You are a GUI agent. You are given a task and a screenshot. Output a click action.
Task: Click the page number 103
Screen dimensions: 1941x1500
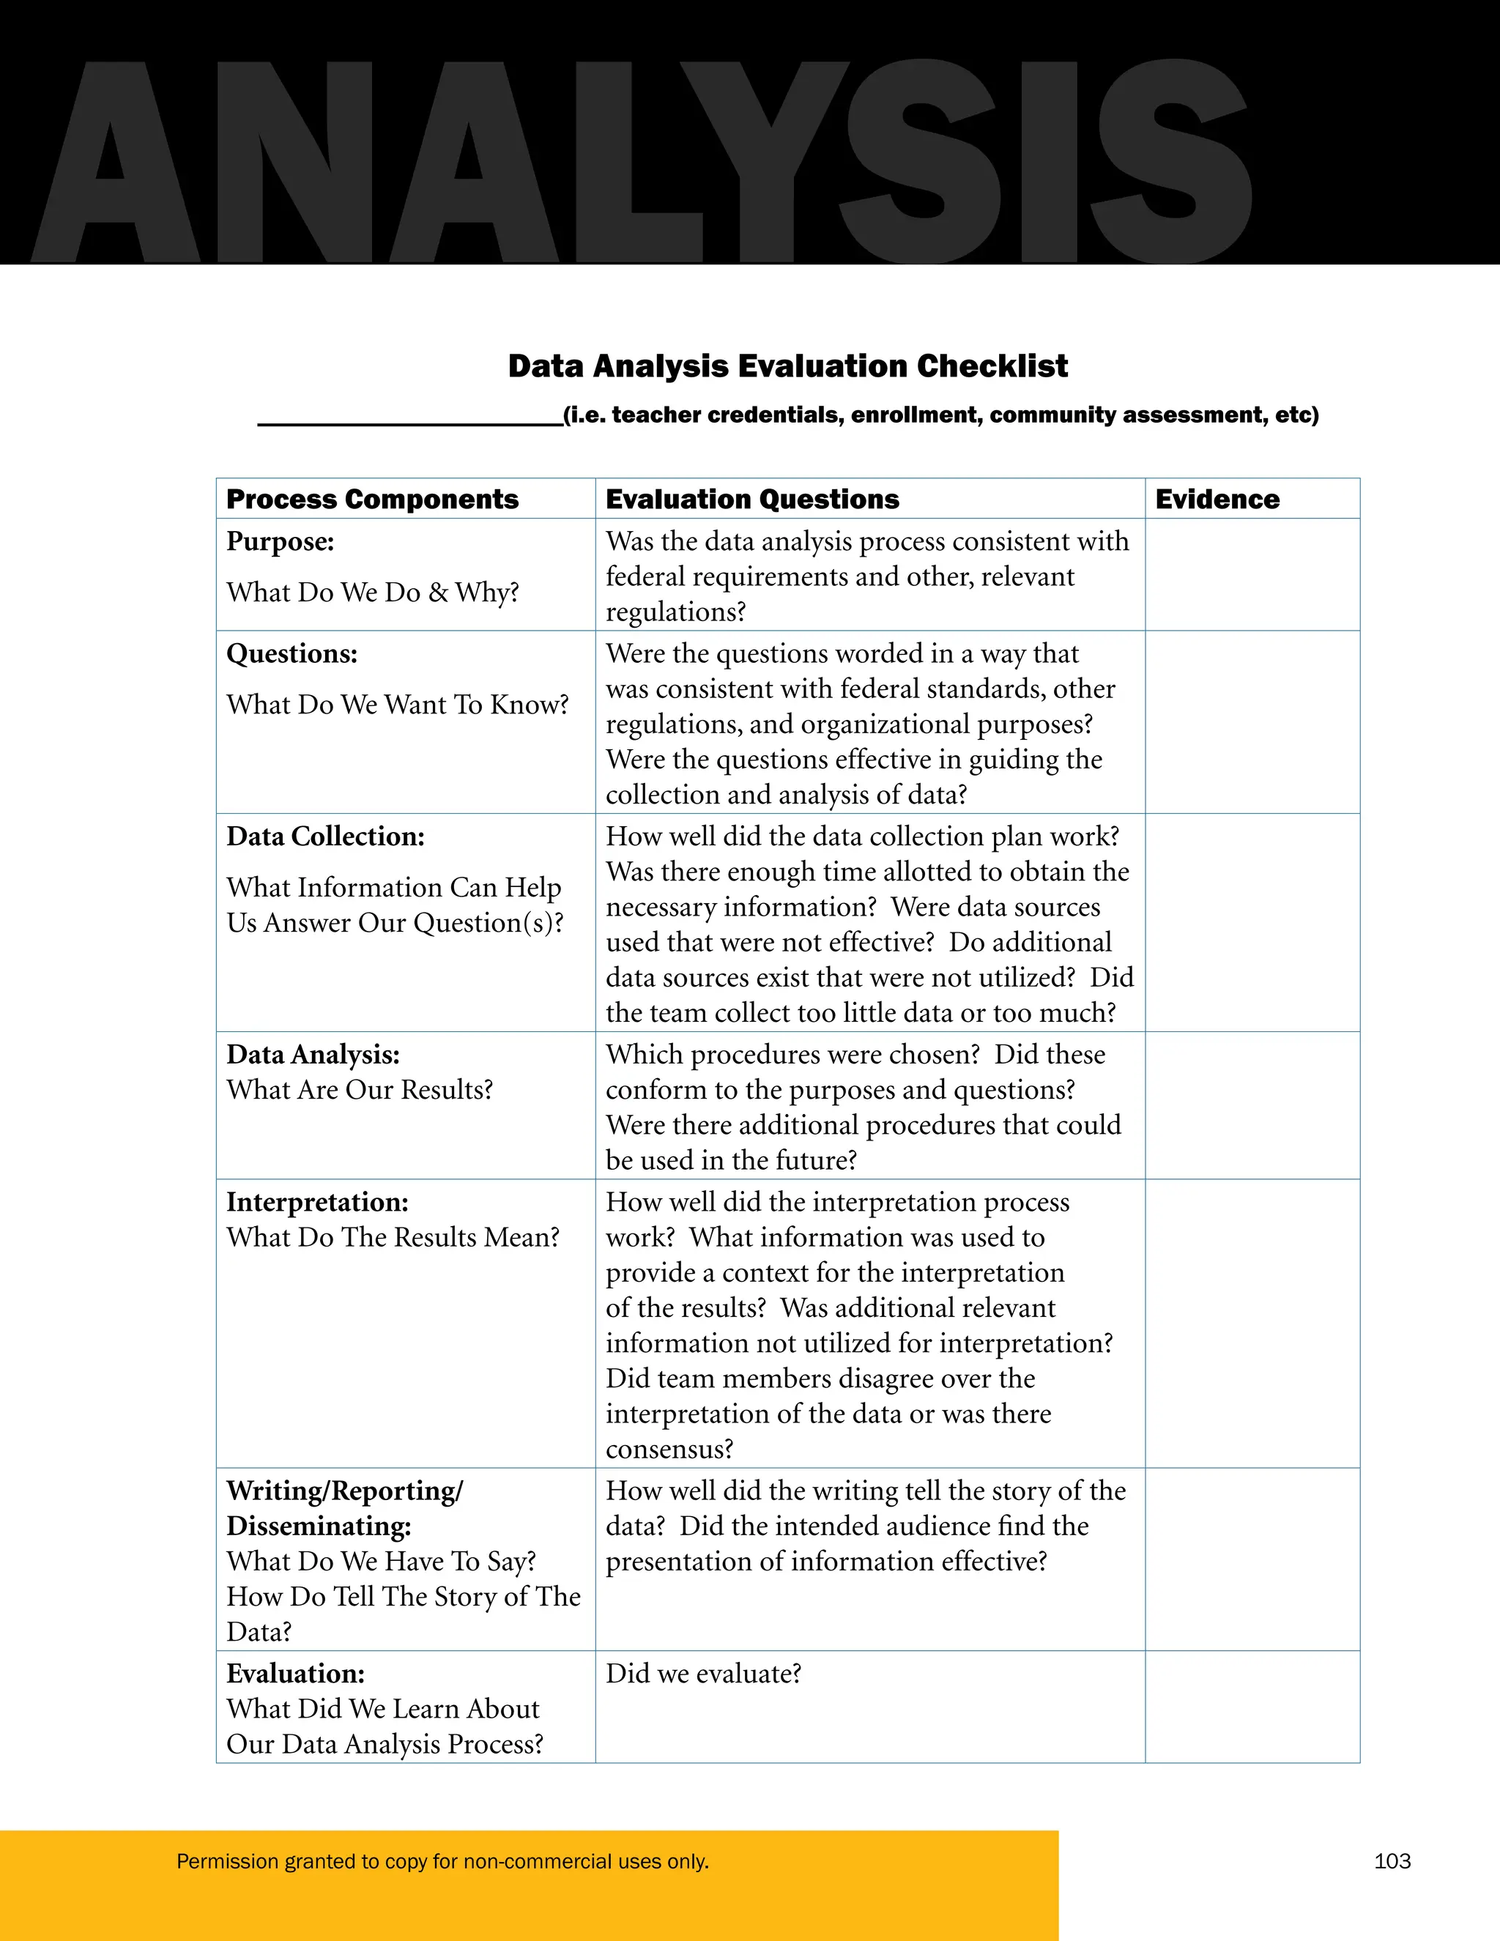point(1392,1861)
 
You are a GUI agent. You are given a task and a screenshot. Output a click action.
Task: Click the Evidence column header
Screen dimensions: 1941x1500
point(1217,500)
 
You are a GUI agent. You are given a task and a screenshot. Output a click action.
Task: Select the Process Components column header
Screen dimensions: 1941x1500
point(372,500)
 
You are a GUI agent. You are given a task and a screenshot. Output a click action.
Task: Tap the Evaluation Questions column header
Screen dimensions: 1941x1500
point(751,500)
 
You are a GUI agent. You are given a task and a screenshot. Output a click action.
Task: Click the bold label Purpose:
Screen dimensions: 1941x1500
point(280,541)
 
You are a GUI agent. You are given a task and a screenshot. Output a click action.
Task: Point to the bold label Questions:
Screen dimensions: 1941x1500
point(292,653)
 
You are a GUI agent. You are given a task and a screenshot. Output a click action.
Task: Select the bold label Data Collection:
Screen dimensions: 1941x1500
point(325,836)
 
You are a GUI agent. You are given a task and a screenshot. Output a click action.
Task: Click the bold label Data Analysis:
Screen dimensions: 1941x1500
point(313,1054)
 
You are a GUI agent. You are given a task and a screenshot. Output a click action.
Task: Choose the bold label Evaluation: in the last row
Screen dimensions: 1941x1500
point(295,1674)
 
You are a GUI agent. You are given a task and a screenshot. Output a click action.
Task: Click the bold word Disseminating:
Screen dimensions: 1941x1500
point(318,1526)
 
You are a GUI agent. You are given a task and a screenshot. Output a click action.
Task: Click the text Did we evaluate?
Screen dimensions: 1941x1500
point(703,1674)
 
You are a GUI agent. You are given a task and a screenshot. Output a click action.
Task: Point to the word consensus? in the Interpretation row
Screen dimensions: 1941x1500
point(669,1449)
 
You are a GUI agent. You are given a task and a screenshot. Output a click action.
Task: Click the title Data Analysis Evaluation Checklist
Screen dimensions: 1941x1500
point(787,366)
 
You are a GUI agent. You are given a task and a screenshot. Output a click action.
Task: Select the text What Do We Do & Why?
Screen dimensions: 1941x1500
point(372,592)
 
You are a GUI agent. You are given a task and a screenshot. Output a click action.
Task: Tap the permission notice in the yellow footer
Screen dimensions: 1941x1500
point(442,1861)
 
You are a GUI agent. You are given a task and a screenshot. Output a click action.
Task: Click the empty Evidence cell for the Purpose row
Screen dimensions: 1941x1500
point(1251,575)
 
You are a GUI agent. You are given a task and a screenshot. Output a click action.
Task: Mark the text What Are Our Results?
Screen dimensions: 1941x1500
point(359,1090)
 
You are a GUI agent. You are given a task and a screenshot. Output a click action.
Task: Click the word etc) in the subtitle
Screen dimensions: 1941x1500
point(1296,415)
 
